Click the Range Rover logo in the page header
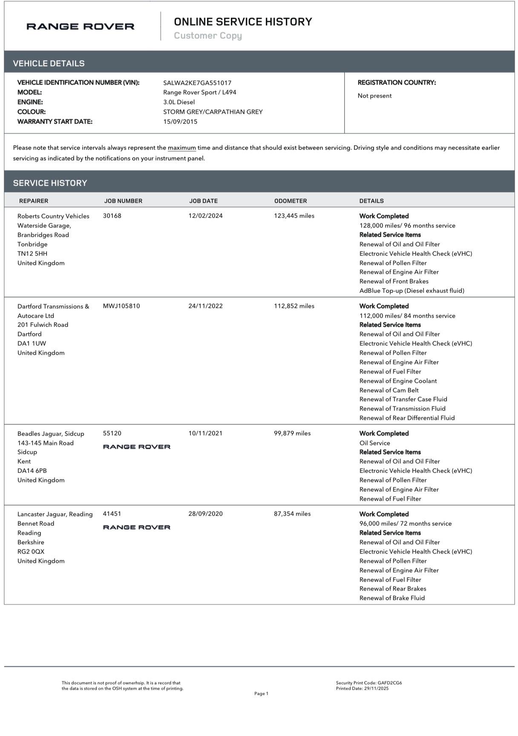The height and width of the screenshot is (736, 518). pos(80,26)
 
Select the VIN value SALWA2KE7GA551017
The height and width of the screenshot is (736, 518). pos(197,83)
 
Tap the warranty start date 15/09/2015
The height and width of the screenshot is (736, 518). pos(180,122)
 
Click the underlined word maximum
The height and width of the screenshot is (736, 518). pos(182,148)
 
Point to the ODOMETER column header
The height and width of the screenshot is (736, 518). pos(291,201)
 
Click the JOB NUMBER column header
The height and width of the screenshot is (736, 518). pos(123,201)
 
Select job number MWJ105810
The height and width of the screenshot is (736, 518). pos(121,306)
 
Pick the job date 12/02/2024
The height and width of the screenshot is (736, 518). pos(205,216)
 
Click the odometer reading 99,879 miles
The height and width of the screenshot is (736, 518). pos(292,433)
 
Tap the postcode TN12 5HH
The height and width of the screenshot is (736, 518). pos(32,254)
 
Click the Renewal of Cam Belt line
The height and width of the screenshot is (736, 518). pos(389,390)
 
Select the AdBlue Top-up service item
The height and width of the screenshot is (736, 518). pos(412,291)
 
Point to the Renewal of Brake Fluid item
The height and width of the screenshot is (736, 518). pos(392,598)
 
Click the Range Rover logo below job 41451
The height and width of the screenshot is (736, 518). pos(137,527)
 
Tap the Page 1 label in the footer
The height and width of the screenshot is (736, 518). pos(261,693)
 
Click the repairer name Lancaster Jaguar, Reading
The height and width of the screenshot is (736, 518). pos(55,514)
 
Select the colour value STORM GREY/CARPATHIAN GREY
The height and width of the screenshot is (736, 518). pos(213,112)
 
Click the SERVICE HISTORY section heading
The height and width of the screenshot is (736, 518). pos(50,183)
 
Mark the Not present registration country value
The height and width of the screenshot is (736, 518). pos(374,96)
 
